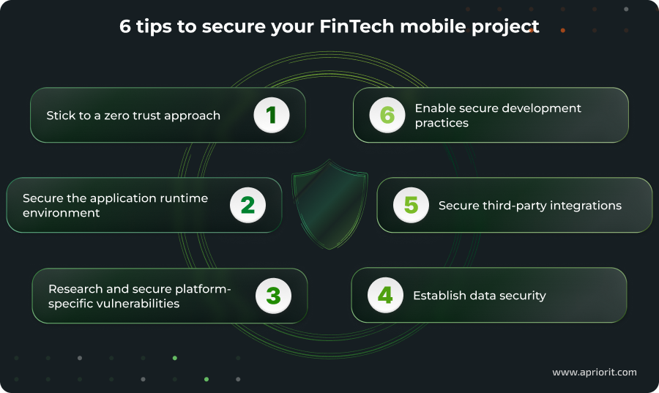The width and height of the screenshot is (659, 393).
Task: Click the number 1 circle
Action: click(x=272, y=116)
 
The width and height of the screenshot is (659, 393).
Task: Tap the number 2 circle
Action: click(x=247, y=206)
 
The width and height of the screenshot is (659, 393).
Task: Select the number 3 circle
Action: click(x=273, y=296)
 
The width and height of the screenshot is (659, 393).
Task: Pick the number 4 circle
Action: click(x=385, y=296)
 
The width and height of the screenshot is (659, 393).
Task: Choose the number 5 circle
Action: click(x=411, y=206)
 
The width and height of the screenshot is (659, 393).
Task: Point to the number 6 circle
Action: click(x=387, y=116)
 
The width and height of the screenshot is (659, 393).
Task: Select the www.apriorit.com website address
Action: click(x=594, y=373)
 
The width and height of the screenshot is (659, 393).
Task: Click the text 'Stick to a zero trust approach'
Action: click(x=133, y=116)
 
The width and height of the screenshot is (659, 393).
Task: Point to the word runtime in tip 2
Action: click(x=183, y=198)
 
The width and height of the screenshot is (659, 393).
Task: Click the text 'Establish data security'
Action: click(x=480, y=296)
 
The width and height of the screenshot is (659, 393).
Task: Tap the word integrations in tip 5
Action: click(x=587, y=206)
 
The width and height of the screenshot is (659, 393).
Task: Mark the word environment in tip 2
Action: click(x=61, y=213)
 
